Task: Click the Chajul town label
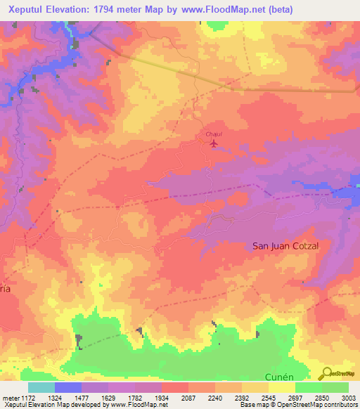point(213,134)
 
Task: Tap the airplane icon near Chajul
point(214,144)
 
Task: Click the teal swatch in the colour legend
point(41,387)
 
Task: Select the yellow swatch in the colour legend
point(282,387)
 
